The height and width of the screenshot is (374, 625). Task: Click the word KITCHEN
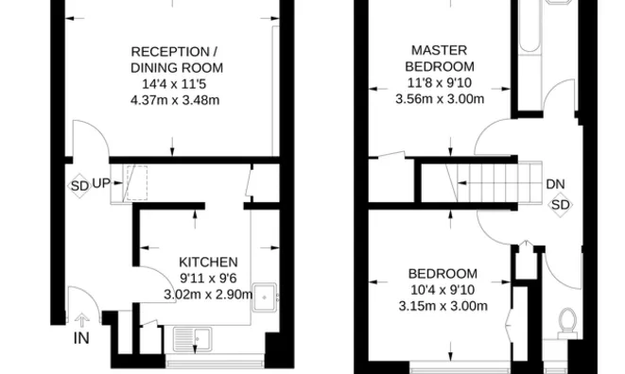[208, 262]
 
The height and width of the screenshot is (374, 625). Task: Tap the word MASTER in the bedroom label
[440, 50]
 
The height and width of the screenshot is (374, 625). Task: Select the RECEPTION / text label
[174, 52]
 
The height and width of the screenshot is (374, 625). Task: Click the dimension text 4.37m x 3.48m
[175, 100]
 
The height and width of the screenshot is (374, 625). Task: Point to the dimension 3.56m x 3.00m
[440, 99]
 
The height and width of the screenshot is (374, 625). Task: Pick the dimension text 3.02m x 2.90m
[208, 295]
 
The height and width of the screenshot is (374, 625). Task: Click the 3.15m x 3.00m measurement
[443, 306]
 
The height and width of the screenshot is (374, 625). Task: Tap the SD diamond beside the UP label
[78, 186]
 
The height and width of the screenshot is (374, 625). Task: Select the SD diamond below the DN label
[560, 205]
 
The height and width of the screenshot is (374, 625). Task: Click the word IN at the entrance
[81, 338]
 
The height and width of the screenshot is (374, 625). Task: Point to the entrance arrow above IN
[82, 320]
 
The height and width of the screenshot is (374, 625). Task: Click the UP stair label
[101, 183]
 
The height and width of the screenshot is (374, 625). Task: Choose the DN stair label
[555, 184]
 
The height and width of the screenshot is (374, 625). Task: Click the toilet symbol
[567, 323]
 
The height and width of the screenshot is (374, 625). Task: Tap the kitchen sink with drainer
[193, 339]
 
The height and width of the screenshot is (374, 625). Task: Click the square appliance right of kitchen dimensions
[265, 297]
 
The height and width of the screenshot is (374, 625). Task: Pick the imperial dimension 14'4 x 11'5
[174, 84]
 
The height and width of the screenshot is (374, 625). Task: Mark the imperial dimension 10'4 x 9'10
[443, 290]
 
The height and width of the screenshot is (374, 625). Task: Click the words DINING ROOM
[177, 68]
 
